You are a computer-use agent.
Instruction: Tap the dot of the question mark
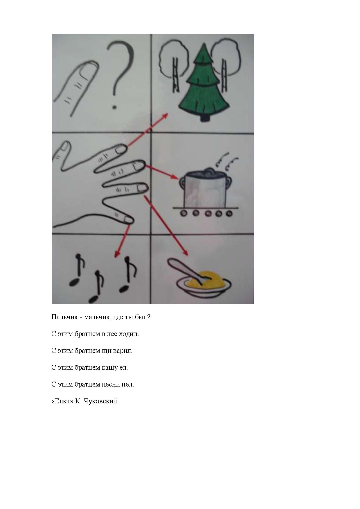[x=115, y=107]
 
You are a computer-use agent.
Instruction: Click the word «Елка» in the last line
[x=62, y=401]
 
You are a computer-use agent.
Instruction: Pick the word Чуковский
[x=100, y=401]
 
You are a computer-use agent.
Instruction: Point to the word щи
[x=105, y=351]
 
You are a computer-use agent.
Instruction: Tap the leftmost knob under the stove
[x=183, y=213]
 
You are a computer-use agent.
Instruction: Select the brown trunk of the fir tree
[x=205, y=118]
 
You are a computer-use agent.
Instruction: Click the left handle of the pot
[x=182, y=183]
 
